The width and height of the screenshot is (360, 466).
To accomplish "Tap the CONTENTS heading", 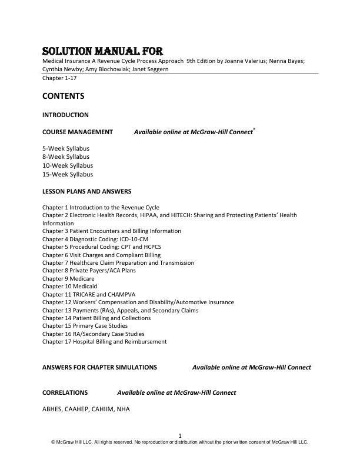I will (63, 96).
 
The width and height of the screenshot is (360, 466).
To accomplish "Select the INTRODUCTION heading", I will (65, 115).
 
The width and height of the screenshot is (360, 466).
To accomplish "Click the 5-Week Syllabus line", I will (66, 149).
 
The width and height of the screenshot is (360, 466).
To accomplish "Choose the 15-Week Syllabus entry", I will (68, 174).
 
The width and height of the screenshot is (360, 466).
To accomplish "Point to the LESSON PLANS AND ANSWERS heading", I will (86, 191).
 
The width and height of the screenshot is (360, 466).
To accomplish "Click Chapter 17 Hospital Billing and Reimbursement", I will (105, 341).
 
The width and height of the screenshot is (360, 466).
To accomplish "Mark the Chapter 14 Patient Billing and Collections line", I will (96, 318).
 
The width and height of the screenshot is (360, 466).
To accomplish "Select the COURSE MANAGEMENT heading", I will (78, 132).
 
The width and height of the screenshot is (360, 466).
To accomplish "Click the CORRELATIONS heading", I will (65, 392).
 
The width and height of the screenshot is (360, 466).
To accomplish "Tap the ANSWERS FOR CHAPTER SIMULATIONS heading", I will (99, 367).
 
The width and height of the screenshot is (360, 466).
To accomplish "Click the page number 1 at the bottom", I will (179, 435).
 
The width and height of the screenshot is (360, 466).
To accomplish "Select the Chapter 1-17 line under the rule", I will (59, 78).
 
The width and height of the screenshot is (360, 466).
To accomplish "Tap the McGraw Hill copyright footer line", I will (179, 442).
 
